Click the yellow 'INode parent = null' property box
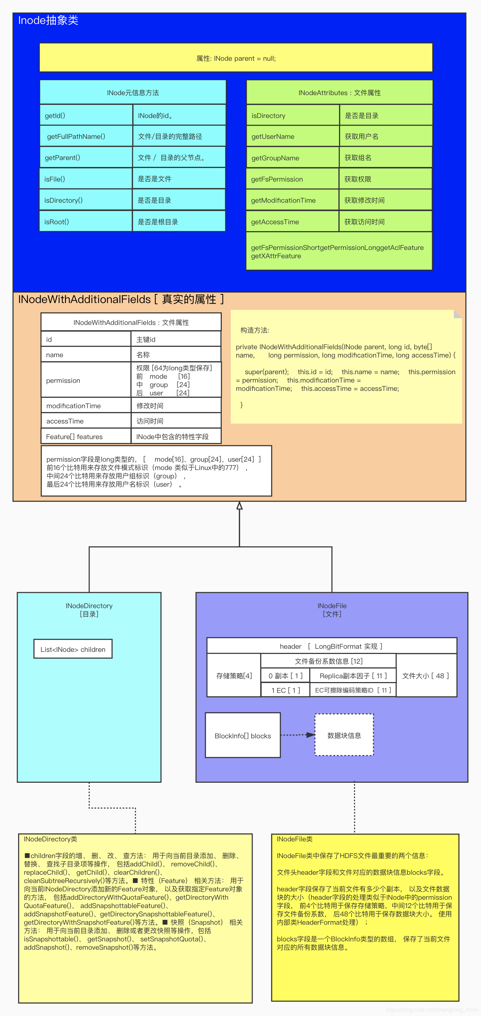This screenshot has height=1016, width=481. [x=236, y=58]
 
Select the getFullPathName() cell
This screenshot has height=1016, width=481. [x=86, y=136]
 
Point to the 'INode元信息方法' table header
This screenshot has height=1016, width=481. [x=133, y=93]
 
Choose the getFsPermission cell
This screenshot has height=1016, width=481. [x=292, y=179]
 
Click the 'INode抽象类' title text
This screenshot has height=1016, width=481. [x=48, y=20]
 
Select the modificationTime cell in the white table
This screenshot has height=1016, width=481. [x=86, y=405]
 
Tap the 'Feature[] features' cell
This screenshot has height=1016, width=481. [x=86, y=436]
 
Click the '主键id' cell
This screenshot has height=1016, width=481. [x=176, y=339]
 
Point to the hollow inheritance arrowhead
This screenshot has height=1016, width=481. [x=239, y=506]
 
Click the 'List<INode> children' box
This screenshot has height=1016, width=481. [x=73, y=649]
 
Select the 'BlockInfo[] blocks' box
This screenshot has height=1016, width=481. [x=243, y=736]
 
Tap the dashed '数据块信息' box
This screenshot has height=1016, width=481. [x=344, y=735]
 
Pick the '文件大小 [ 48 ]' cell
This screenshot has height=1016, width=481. [x=426, y=675]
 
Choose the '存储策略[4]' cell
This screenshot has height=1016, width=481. [x=234, y=675]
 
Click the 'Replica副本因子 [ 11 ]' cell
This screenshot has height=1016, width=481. [x=353, y=675]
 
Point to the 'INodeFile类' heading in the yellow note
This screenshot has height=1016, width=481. [x=295, y=839]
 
